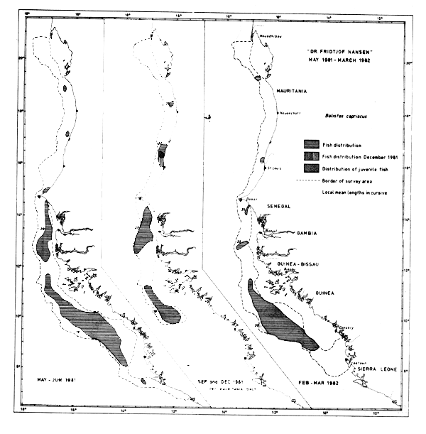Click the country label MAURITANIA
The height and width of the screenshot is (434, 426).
[295, 89]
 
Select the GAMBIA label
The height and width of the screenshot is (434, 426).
[290, 232]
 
